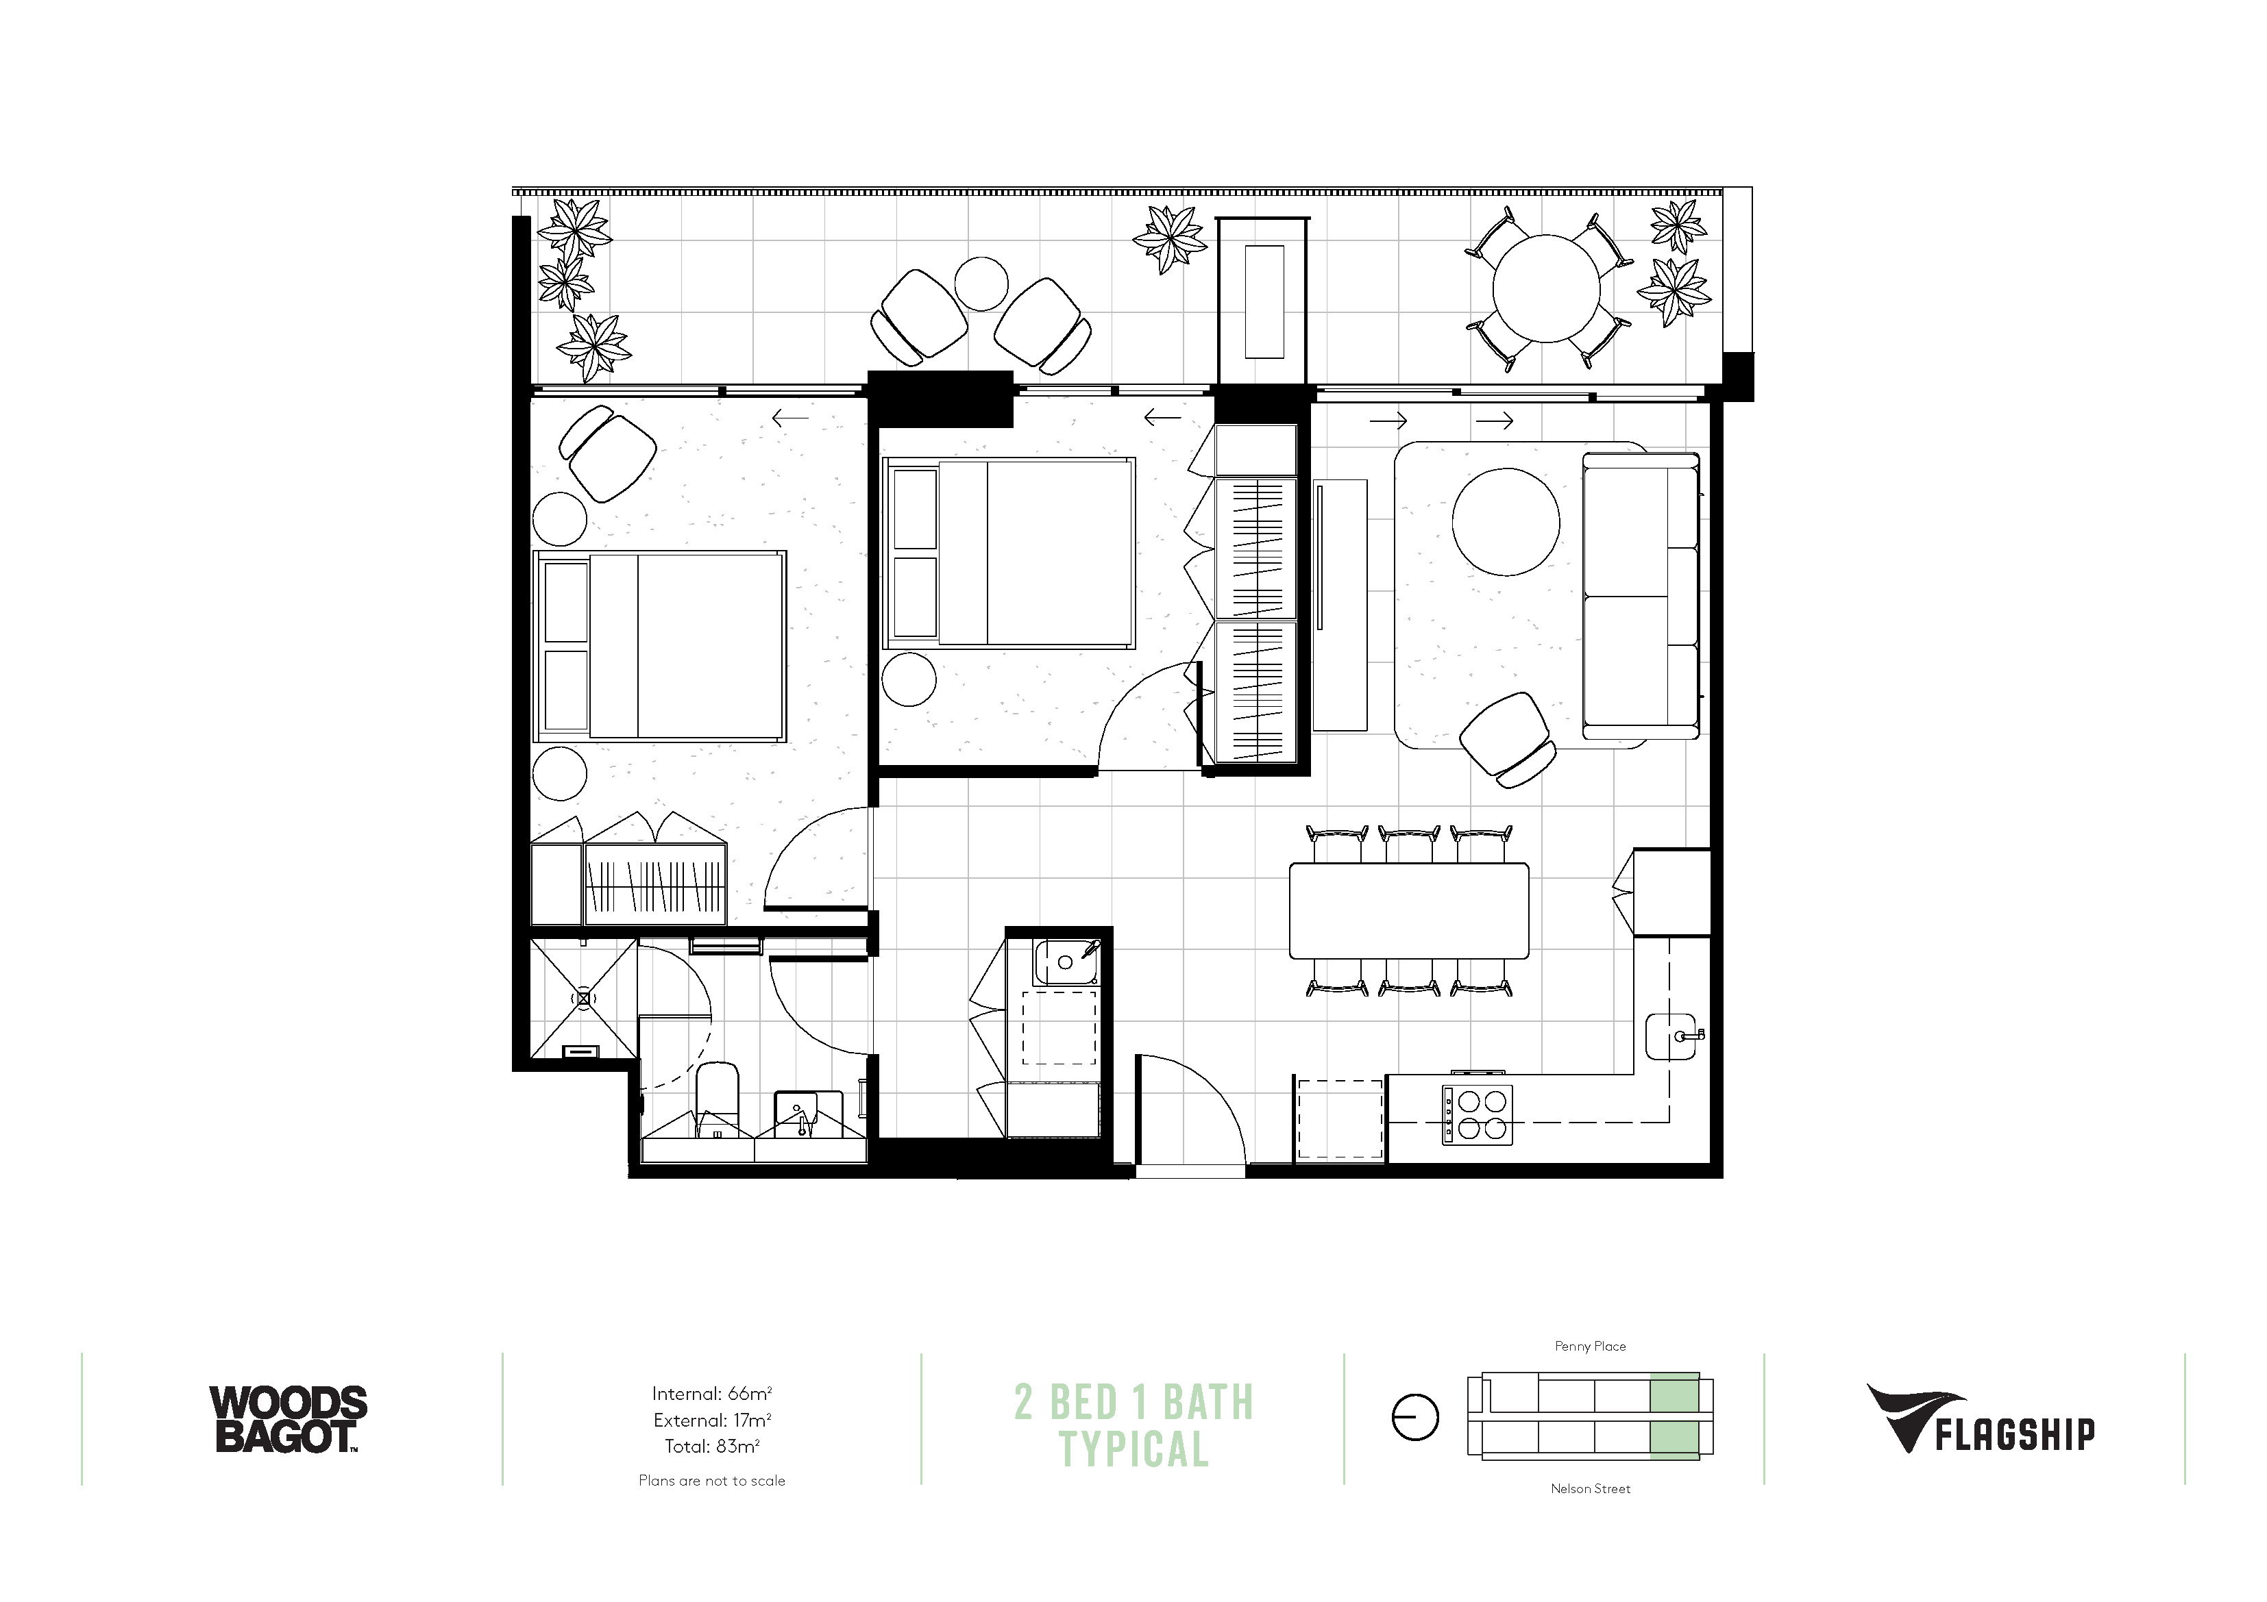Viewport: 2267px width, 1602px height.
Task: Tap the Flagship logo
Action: coord(1981,1419)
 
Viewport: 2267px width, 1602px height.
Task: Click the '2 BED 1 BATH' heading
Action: coord(1134,1401)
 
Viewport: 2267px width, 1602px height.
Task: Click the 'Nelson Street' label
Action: coord(1590,1488)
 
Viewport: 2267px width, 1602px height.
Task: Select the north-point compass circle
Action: coord(1415,1418)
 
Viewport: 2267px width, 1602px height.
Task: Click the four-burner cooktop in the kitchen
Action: coord(1477,1114)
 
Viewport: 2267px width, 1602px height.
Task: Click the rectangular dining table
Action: coord(1409,910)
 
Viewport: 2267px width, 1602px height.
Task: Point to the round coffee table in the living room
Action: coord(1506,522)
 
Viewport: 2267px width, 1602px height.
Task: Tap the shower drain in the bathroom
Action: coord(583,999)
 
